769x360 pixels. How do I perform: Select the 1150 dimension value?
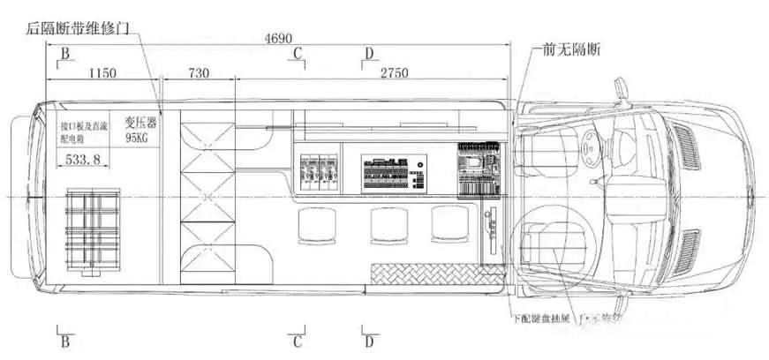click(102, 73)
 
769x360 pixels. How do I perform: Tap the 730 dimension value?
click(199, 73)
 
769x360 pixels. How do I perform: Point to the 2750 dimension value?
click(394, 73)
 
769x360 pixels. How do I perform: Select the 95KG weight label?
click(139, 139)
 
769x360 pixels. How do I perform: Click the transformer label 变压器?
click(139, 123)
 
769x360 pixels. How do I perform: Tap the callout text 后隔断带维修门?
click(79, 28)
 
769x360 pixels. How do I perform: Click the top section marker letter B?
click(64, 55)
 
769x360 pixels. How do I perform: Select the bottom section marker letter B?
click(64, 341)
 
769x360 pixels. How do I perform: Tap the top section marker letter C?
click(298, 55)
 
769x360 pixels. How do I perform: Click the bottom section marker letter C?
click(298, 341)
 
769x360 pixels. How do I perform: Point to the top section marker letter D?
click(368, 55)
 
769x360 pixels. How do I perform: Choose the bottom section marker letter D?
click(368, 341)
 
